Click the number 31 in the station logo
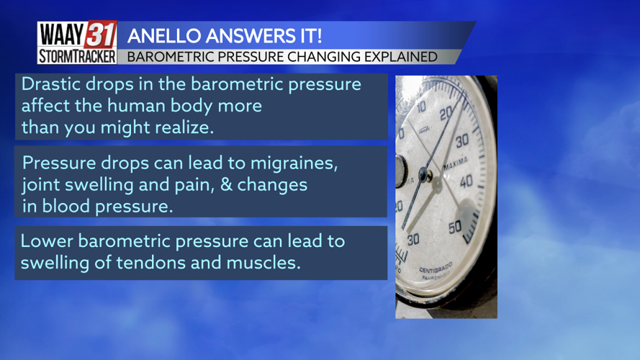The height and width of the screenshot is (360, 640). click(x=100, y=35)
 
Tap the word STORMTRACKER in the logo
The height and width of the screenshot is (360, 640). click(x=77, y=56)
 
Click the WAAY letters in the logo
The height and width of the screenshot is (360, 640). click(x=60, y=35)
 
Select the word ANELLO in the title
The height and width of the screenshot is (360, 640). click(x=168, y=35)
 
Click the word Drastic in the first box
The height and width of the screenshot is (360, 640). click(x=48, y=84)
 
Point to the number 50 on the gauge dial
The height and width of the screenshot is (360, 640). click(x=455, y=228)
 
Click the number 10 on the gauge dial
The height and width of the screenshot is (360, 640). click(x=421, y=106)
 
